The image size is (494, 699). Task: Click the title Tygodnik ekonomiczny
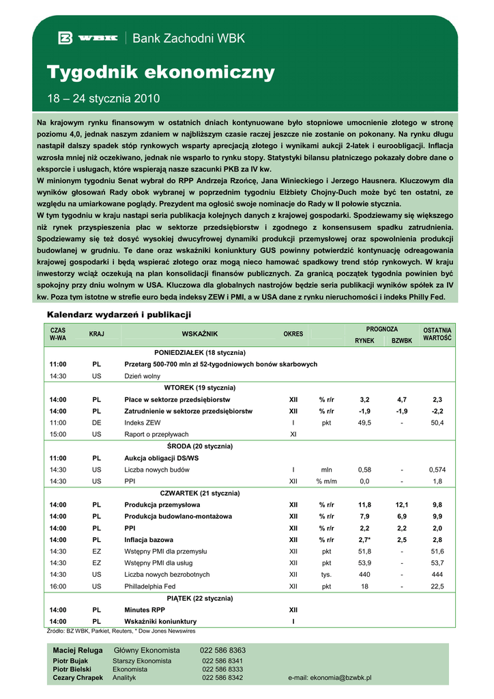point(160,72)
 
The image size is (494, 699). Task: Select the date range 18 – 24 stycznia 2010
point(103,98)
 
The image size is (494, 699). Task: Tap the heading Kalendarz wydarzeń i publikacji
point(119,315)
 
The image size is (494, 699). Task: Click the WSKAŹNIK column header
point(199,334)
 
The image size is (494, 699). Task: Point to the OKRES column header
point(293,334)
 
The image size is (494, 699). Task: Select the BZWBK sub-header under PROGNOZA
point(402,340)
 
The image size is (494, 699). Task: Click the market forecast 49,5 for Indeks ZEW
point(364,423)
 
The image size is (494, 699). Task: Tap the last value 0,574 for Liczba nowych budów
point(437,470)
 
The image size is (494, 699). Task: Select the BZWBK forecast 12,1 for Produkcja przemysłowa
point(402,504)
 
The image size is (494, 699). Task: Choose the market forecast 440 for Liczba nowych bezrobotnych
point(364,574)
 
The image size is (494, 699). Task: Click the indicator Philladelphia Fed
point(149,586)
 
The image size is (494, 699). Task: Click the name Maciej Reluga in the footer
point(78,650)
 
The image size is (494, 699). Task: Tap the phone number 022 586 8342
point(222,678)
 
